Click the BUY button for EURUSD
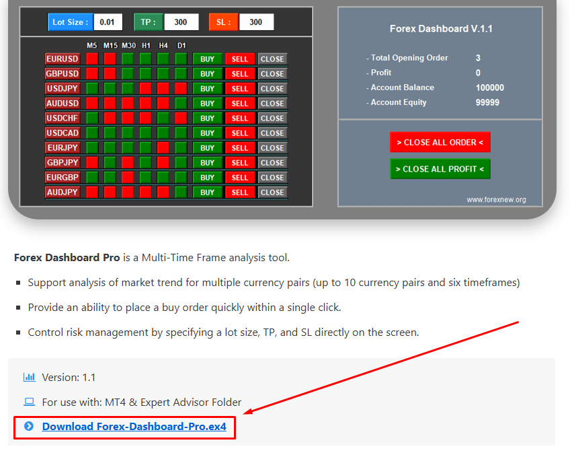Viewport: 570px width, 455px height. (207, 59)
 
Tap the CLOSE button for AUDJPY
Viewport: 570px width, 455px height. (272, 193)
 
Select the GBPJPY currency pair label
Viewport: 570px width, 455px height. (62, 162)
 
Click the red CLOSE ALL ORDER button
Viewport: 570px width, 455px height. (440, 142)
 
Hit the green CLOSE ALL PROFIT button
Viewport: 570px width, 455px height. (440, 169)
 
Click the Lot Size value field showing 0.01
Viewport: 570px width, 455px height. (108, 22)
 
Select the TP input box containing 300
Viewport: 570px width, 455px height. (181, 22)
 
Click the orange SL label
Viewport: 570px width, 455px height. (223, 22)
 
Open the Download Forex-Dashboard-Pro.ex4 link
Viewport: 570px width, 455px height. (134, 426)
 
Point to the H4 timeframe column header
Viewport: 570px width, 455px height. (163, 46)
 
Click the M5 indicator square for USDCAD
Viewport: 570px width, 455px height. (92, 133)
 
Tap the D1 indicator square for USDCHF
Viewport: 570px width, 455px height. (181, 118)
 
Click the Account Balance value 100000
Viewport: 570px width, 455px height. (489, 87)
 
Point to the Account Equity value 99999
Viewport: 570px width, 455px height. (487, 103)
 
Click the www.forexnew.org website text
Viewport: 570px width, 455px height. (496, 200)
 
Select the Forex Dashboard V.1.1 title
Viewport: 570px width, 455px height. (441, 29)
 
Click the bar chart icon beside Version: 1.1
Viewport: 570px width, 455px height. (29, 377)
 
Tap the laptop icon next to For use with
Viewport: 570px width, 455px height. (29, 402)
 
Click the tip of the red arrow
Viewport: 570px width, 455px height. (243, 414)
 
